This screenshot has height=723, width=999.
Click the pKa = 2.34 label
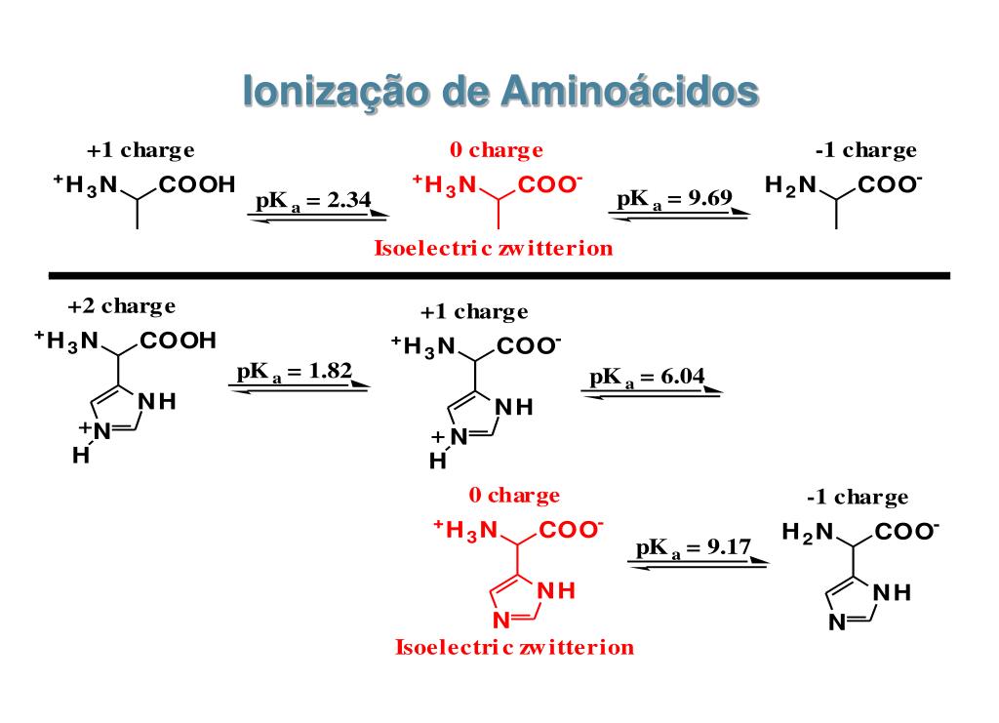313,201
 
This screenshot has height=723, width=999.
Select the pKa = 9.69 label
674,200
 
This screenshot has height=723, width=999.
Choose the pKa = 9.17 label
693,547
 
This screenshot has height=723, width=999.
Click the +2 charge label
122,306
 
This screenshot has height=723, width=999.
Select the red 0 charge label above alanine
496,150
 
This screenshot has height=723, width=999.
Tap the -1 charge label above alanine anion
865,150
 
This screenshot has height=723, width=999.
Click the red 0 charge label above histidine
514,496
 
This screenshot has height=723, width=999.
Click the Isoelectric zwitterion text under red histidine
514,647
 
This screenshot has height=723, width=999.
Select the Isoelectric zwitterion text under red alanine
494,248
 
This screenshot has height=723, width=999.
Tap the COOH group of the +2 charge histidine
179,341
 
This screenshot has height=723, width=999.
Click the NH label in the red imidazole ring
552,590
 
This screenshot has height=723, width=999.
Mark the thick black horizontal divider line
499,275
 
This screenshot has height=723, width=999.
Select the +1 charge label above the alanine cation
140,150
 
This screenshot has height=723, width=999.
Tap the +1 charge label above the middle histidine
474,312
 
